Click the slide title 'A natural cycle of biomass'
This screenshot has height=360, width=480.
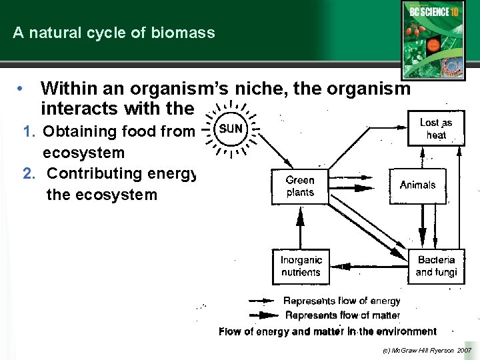(x=114, y=33)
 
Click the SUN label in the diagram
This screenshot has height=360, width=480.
(x=231, y=128)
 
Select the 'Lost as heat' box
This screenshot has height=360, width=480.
(x=435, y=129)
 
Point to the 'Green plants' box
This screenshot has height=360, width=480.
(x=299, y=186)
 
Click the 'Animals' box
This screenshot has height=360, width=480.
(x=417, y=185)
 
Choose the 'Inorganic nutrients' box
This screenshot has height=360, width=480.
(x=301, y=266)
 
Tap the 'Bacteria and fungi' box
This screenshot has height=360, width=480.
(x=435, y=266)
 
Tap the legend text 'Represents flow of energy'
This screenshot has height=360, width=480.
(x=341, y=301)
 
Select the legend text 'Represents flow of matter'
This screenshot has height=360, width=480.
(x=341, y=315)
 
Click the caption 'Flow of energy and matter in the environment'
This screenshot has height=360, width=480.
(x=327, y=331)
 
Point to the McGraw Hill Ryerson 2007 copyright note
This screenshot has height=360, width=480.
(x=426, y=349)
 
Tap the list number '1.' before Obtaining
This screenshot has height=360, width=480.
(x=30, y=132)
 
